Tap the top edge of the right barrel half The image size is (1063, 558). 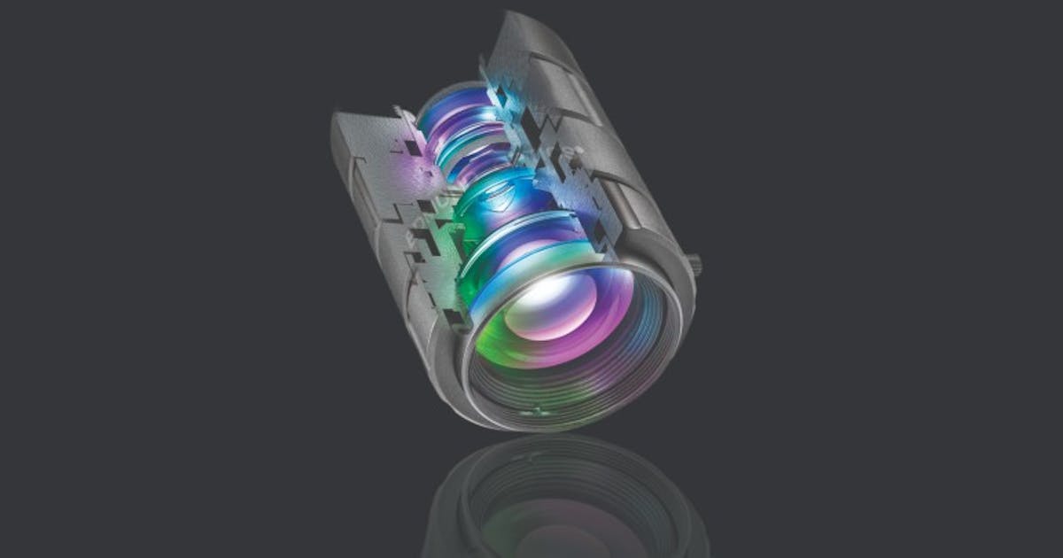click(x=531, y=22)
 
